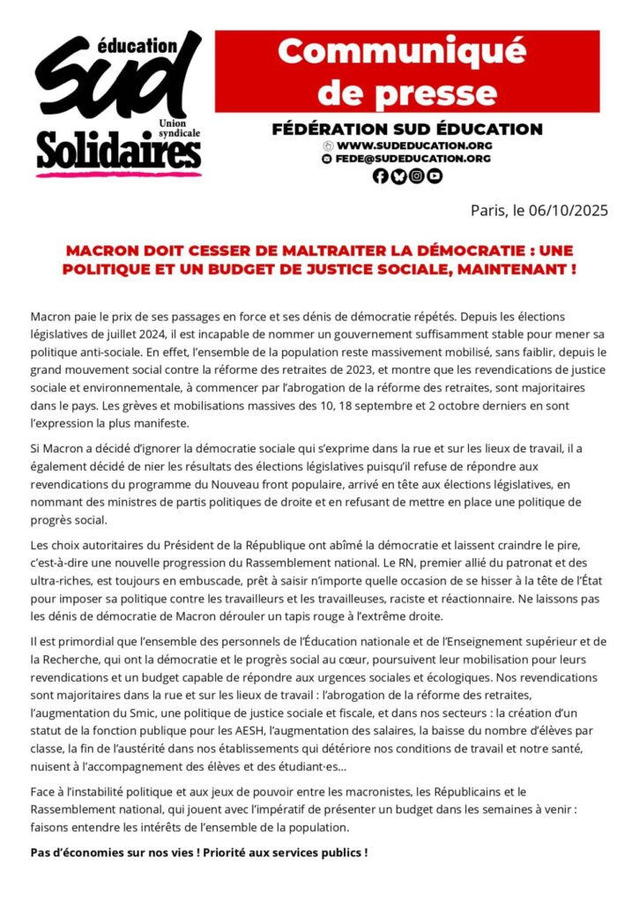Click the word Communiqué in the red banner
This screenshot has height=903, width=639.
pos(407,52)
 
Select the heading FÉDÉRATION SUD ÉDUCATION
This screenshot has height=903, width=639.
pos(407,129)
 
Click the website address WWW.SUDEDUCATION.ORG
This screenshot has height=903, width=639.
pos(414,145)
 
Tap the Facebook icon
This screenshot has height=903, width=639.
pos(381,175)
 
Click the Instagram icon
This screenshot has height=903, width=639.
pos(416,175)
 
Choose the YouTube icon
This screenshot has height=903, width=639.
pos(434,175)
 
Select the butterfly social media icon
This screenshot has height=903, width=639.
pos(398,175)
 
